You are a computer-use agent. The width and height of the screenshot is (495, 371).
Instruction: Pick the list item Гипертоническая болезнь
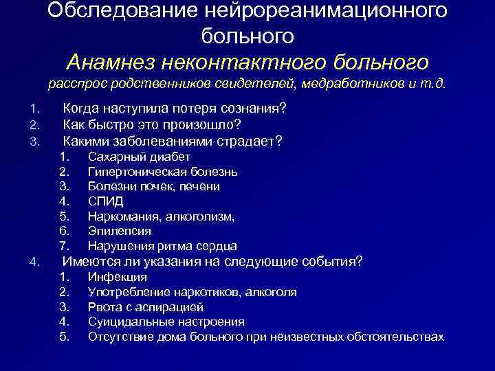[x=162, y=171]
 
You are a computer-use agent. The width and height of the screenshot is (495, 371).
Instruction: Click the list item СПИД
[x=106, y=201]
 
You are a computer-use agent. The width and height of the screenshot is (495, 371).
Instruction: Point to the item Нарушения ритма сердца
[x=162, y=246]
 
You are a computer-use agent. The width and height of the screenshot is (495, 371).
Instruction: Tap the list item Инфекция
[x=117, y=277]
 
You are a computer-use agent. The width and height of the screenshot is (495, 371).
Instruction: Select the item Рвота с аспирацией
[x=146, y=307]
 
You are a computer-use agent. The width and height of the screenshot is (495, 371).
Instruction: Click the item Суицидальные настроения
[x=166, y=322]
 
